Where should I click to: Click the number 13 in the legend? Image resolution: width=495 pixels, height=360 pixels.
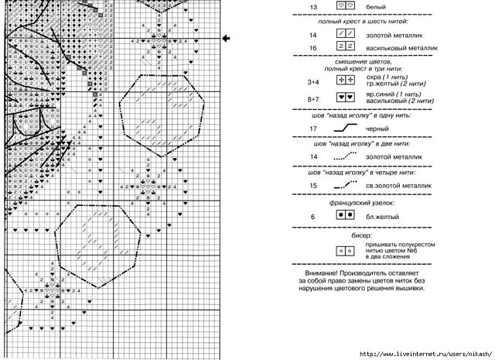[x=314, y=6]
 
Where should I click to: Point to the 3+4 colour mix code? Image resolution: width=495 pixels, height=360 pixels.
[x=313, y=81]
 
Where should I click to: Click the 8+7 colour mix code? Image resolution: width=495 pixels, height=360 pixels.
[x=313, y=99]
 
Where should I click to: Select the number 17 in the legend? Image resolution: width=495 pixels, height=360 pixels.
[x=314, y=129]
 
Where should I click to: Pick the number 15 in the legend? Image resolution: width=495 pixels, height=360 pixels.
[x=314, y=186]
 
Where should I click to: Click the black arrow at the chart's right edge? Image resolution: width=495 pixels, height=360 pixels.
[x=227, y=37]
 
